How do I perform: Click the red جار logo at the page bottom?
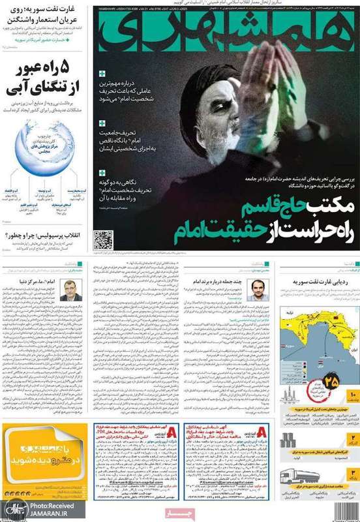click(x=181, y=513)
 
